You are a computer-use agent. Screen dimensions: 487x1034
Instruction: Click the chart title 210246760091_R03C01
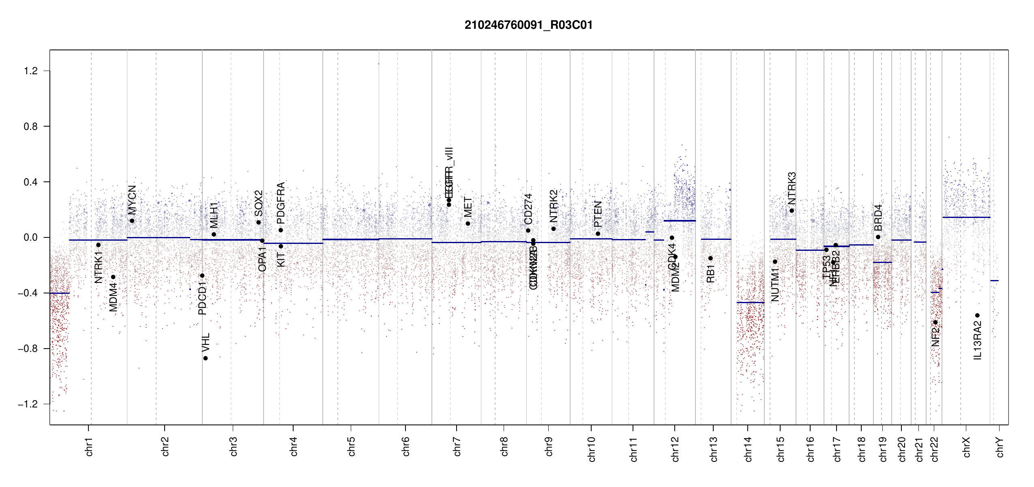528,25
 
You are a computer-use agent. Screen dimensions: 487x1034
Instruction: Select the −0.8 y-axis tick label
28,349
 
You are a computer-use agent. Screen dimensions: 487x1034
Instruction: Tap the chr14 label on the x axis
748,449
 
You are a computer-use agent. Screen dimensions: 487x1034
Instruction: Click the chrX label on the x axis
966,447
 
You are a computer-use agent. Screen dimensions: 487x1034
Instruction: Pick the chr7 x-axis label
457,446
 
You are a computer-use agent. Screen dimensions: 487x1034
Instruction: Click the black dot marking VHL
206,358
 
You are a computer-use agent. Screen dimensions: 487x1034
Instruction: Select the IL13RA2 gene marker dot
977,315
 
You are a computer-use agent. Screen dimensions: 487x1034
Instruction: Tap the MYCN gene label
132,200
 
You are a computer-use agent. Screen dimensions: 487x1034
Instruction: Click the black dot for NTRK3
792,211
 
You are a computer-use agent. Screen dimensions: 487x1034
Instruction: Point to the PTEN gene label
598,214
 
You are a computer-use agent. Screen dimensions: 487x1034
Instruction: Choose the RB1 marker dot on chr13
710,258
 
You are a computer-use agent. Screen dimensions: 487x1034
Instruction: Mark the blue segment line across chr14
750,302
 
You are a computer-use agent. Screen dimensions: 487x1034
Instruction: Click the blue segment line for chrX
966,217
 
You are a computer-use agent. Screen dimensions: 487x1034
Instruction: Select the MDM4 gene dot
113,277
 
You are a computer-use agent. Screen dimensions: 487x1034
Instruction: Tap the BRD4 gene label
878,218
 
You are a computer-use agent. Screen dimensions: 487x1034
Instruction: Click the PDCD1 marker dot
202,276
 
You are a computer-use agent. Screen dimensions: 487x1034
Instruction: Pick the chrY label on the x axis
1000,447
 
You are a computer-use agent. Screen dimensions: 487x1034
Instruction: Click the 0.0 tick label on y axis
31,237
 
